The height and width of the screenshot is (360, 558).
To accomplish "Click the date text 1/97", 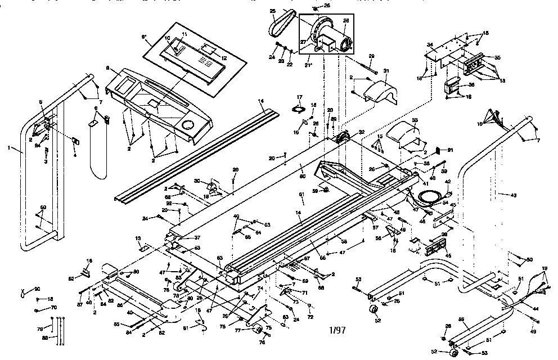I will (336, 330).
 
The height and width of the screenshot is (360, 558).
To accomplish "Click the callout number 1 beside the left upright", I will (10, 148).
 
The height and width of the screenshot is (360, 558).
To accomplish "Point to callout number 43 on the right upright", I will (512, 195).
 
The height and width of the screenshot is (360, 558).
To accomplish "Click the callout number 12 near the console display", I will (224, 58).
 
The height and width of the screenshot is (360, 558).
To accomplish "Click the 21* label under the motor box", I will (308, 65).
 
